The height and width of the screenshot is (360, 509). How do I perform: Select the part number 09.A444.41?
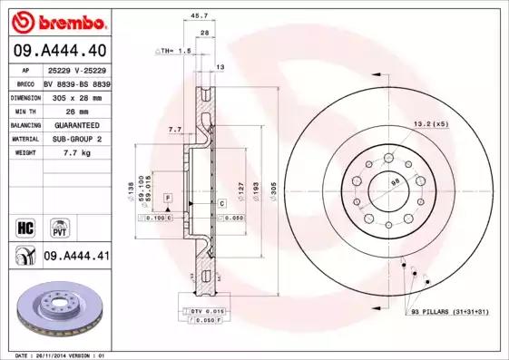pos(76,257)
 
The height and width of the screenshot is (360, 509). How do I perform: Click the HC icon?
pos(25,226)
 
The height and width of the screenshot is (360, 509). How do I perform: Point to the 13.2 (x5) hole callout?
pos(430,122)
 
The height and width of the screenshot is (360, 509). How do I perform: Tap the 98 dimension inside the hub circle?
pos(394,182)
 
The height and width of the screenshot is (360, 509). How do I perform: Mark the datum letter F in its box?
pos(167,197)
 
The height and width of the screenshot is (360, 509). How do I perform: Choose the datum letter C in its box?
pos(220,204)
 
